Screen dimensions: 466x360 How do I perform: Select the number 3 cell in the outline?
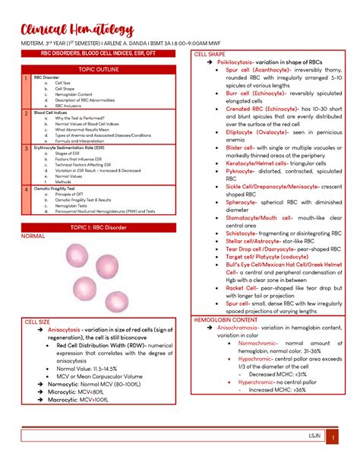point(27,148)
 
